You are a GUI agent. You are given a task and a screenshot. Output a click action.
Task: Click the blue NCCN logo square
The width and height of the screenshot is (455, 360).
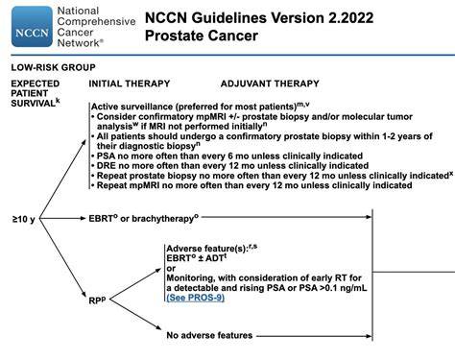pyautogui.click(x=32, y=27)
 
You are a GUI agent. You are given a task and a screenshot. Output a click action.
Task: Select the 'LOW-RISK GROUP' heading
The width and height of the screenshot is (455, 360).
pyautogui.click(x=53, y=67)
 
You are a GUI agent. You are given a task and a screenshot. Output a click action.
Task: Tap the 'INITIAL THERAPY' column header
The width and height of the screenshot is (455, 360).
pyautogui.click(x=130, y=84)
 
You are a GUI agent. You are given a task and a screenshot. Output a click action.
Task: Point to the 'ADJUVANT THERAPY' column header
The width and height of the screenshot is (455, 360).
pyautogui.click(x=270, y=84)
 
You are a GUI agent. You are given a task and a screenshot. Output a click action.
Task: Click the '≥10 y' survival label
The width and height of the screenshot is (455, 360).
pyautogui.click(x=23, y=219)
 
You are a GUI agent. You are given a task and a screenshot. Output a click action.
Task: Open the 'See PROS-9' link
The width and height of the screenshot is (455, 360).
pyautogui.click(x=195, y=298)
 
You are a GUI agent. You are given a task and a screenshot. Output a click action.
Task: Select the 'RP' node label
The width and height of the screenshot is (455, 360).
pyautogui.click(x=97, y=300)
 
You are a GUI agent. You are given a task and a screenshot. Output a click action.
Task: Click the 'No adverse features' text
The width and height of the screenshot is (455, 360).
pyautogui.click(x=209, y=335)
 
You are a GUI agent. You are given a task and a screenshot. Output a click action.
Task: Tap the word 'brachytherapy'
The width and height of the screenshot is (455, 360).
pyautogui.click(x=163, y=219)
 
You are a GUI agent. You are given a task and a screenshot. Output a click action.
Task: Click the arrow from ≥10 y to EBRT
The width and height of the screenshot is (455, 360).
pyautogui.click(x=62, y=219)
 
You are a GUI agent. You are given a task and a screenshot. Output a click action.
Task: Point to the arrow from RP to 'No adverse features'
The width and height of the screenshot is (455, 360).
pyautogui.click(x=135, y=315)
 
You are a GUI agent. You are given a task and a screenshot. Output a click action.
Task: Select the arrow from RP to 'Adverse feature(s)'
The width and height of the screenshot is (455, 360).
pyautogui.click(x=135, y=284)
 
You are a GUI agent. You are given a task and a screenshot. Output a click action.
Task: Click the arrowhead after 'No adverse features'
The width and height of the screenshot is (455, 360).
pyautogui.click(x=369, y=336)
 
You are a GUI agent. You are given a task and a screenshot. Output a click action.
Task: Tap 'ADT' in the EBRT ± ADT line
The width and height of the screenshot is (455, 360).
pyautogui.click(x=216, y=258)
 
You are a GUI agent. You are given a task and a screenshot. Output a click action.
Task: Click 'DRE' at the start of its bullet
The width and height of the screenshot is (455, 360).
pyautogui.click(x=106, y=166)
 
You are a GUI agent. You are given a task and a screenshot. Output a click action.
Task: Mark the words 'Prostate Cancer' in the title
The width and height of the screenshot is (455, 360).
pyautogui.click(x=202, y=36)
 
